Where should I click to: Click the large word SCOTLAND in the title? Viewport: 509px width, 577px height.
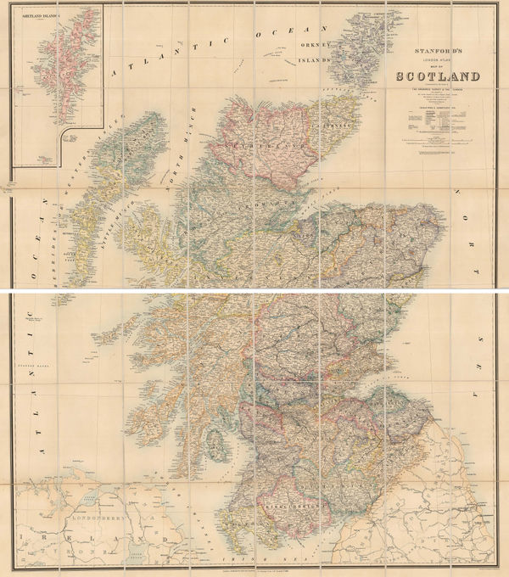point(438,77)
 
